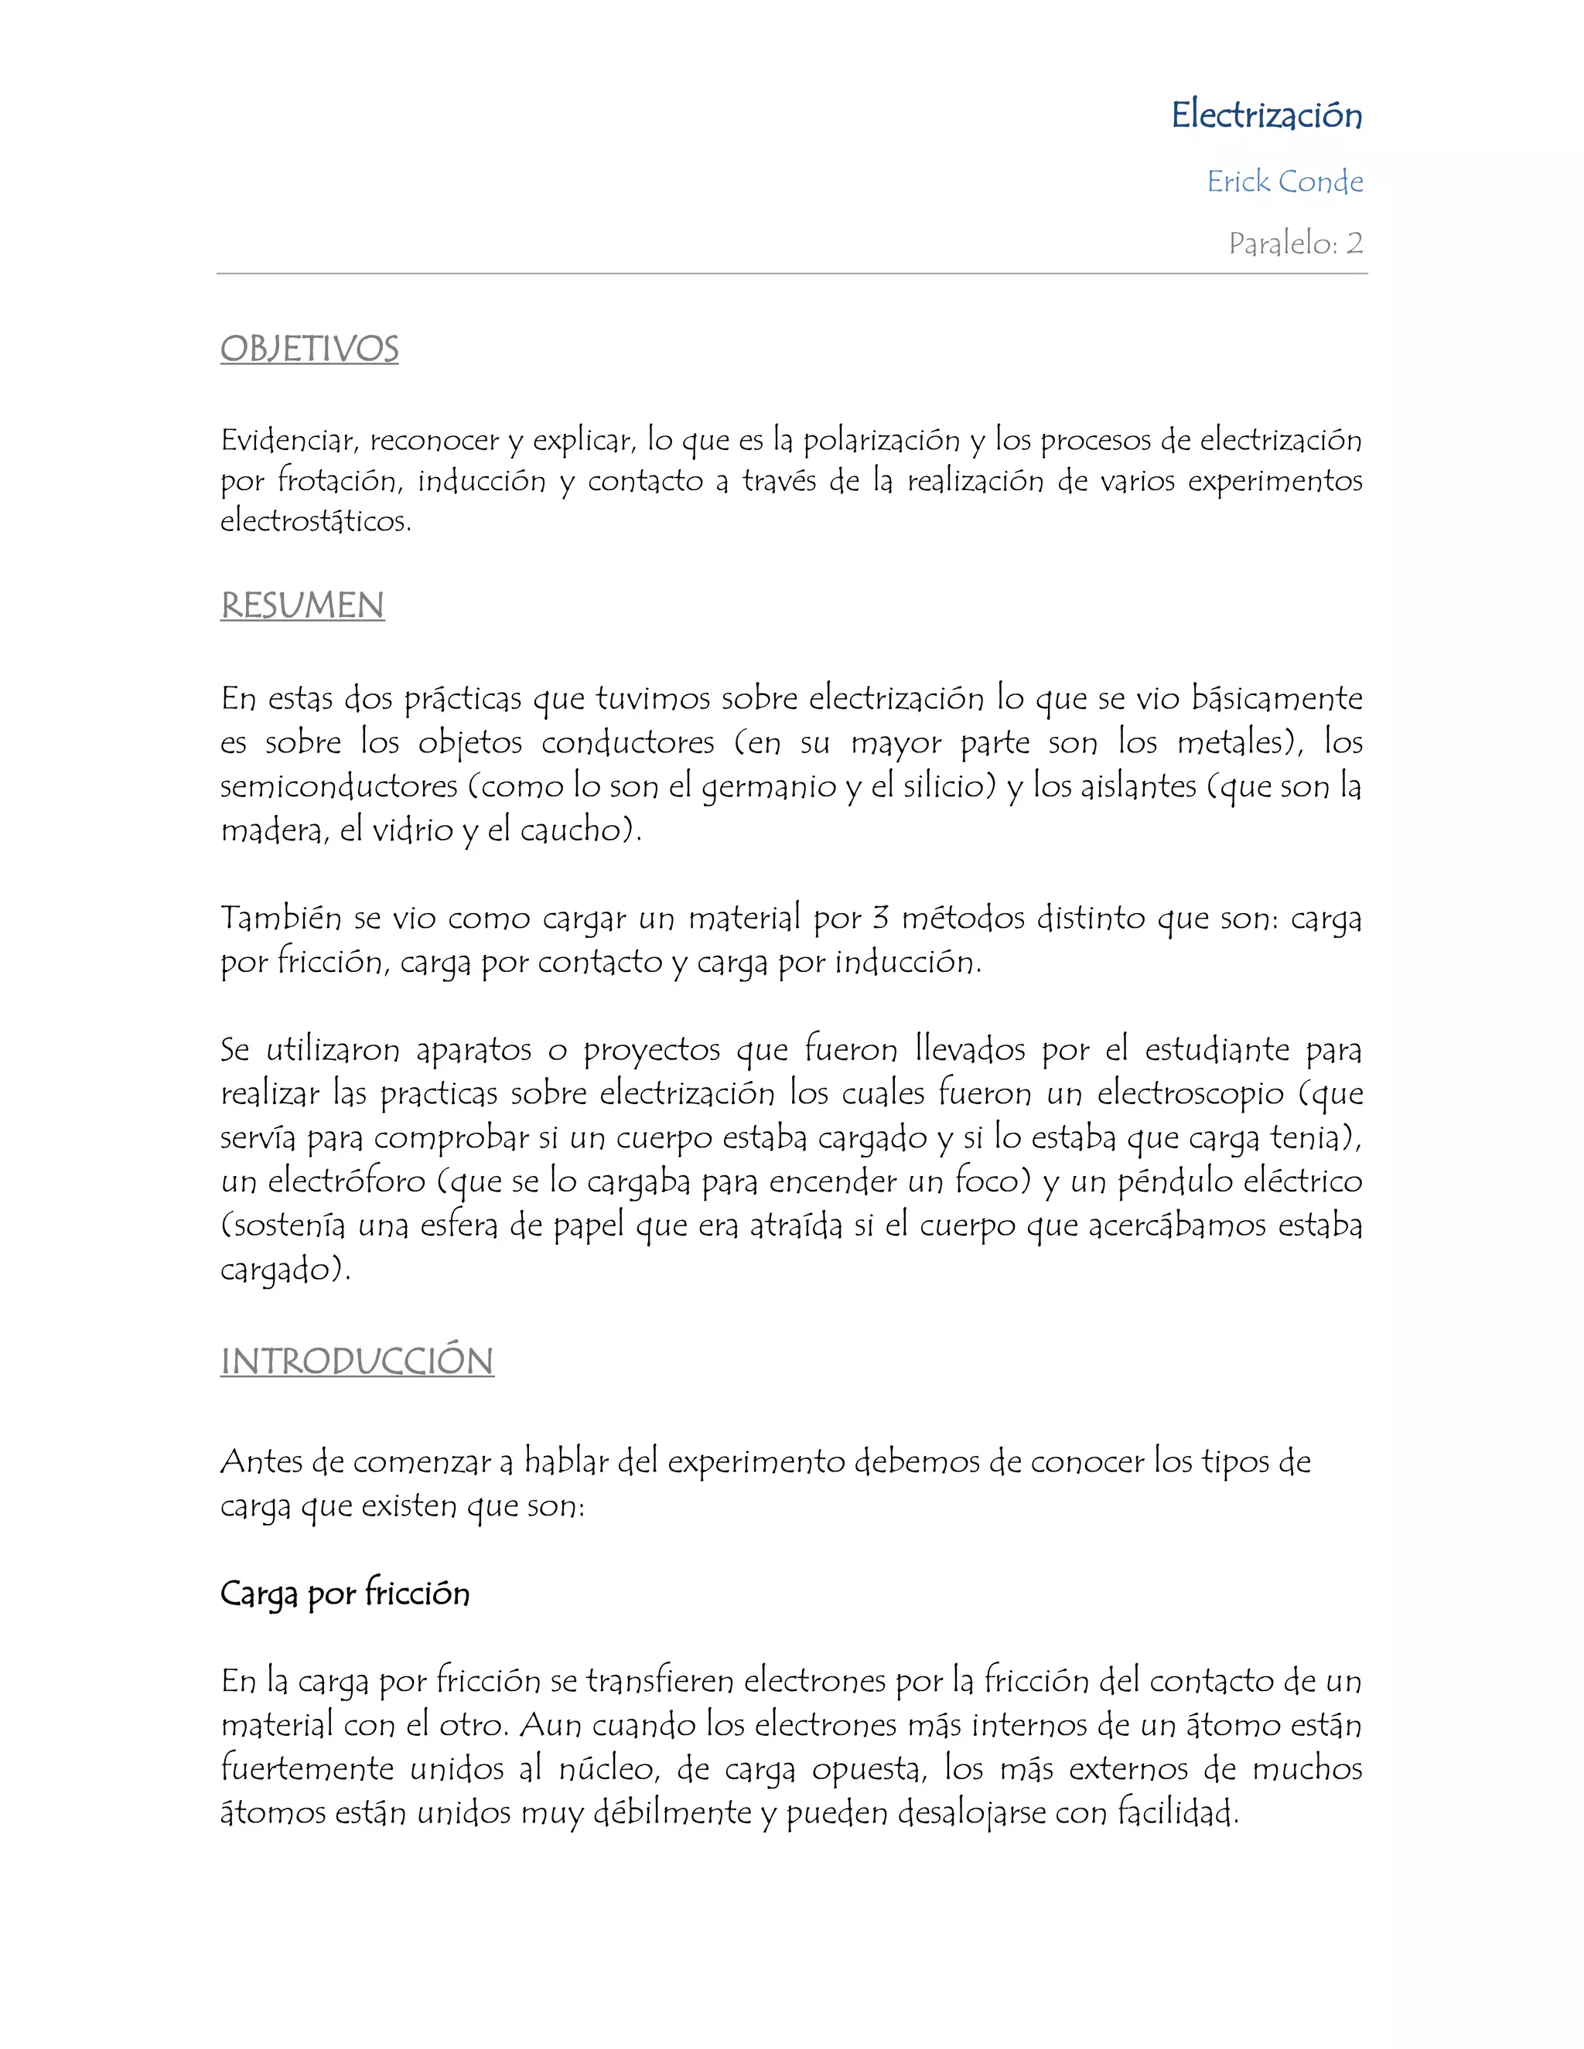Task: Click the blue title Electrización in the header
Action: click(1266, 115)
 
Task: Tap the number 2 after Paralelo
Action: click(1354, 243)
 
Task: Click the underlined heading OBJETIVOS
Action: click(309, 349)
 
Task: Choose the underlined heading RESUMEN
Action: click(302, 605)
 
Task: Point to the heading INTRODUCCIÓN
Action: click(357, 1362)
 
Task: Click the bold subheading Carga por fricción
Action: click(344, 1593)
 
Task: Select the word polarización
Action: click(881, 439)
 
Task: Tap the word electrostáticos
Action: click(316, 520)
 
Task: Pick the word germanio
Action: click(769, 786)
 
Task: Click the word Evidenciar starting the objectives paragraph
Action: click(289, 439)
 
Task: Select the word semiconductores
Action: click(339, 786)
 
